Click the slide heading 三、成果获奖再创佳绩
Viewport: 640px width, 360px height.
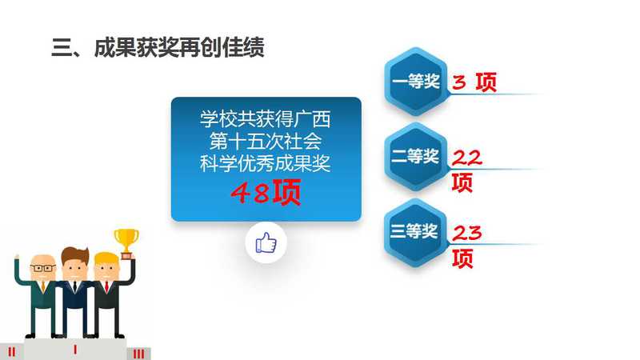(x=158, y=47)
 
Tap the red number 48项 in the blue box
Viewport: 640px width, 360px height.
(x=266, y=192)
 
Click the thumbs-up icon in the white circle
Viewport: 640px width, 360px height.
(x=266, y=243)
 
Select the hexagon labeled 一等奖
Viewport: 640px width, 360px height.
(x=416, y=82)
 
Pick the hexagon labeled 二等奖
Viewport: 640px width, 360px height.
(x=416, y=156)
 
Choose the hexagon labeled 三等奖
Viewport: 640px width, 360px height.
(x=416, y=232)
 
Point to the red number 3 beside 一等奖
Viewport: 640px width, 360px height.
(x=458, y=82)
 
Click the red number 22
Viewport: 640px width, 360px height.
(x=467, y=158)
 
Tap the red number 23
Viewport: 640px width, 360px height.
(x=467, y=233)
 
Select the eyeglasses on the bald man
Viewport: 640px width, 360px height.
(x=43, y=268)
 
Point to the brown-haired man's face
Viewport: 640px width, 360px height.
(x=74, y=267)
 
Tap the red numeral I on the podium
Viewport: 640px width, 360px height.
(x=74, y=350)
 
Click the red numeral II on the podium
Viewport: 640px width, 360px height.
(x=12, y=352)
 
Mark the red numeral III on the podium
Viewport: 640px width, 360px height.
(x=138, y=354)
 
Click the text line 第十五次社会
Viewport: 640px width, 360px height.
(x=266, y=142)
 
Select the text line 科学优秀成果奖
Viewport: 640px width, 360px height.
(x=266, y=163)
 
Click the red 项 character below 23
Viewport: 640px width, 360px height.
(x=462, y=258)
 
